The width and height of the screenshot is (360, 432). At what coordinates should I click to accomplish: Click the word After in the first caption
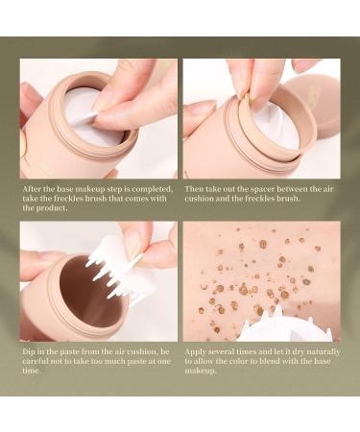(34, 189)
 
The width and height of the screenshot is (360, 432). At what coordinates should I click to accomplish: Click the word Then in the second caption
(196, 189)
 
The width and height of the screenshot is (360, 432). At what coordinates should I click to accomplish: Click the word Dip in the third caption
(31, 352)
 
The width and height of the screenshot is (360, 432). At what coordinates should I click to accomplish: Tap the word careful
(40, 362)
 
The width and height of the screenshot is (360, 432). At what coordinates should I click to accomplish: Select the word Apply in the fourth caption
(197, 352)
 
